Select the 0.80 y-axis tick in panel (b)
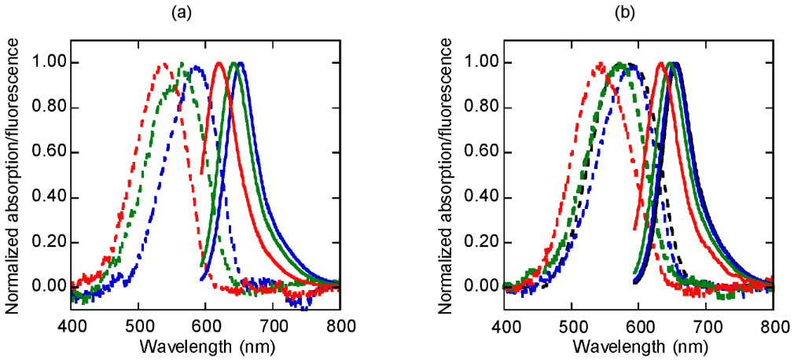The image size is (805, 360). (486, 108)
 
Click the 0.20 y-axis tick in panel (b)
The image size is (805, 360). (486, 241)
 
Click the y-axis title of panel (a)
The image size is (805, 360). (13, 174)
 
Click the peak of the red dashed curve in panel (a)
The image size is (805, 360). (164, 64)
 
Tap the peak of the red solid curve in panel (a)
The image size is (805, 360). (219, 63)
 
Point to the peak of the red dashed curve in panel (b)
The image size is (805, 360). (601, 64)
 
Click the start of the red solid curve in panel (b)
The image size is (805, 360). (634, 229)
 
